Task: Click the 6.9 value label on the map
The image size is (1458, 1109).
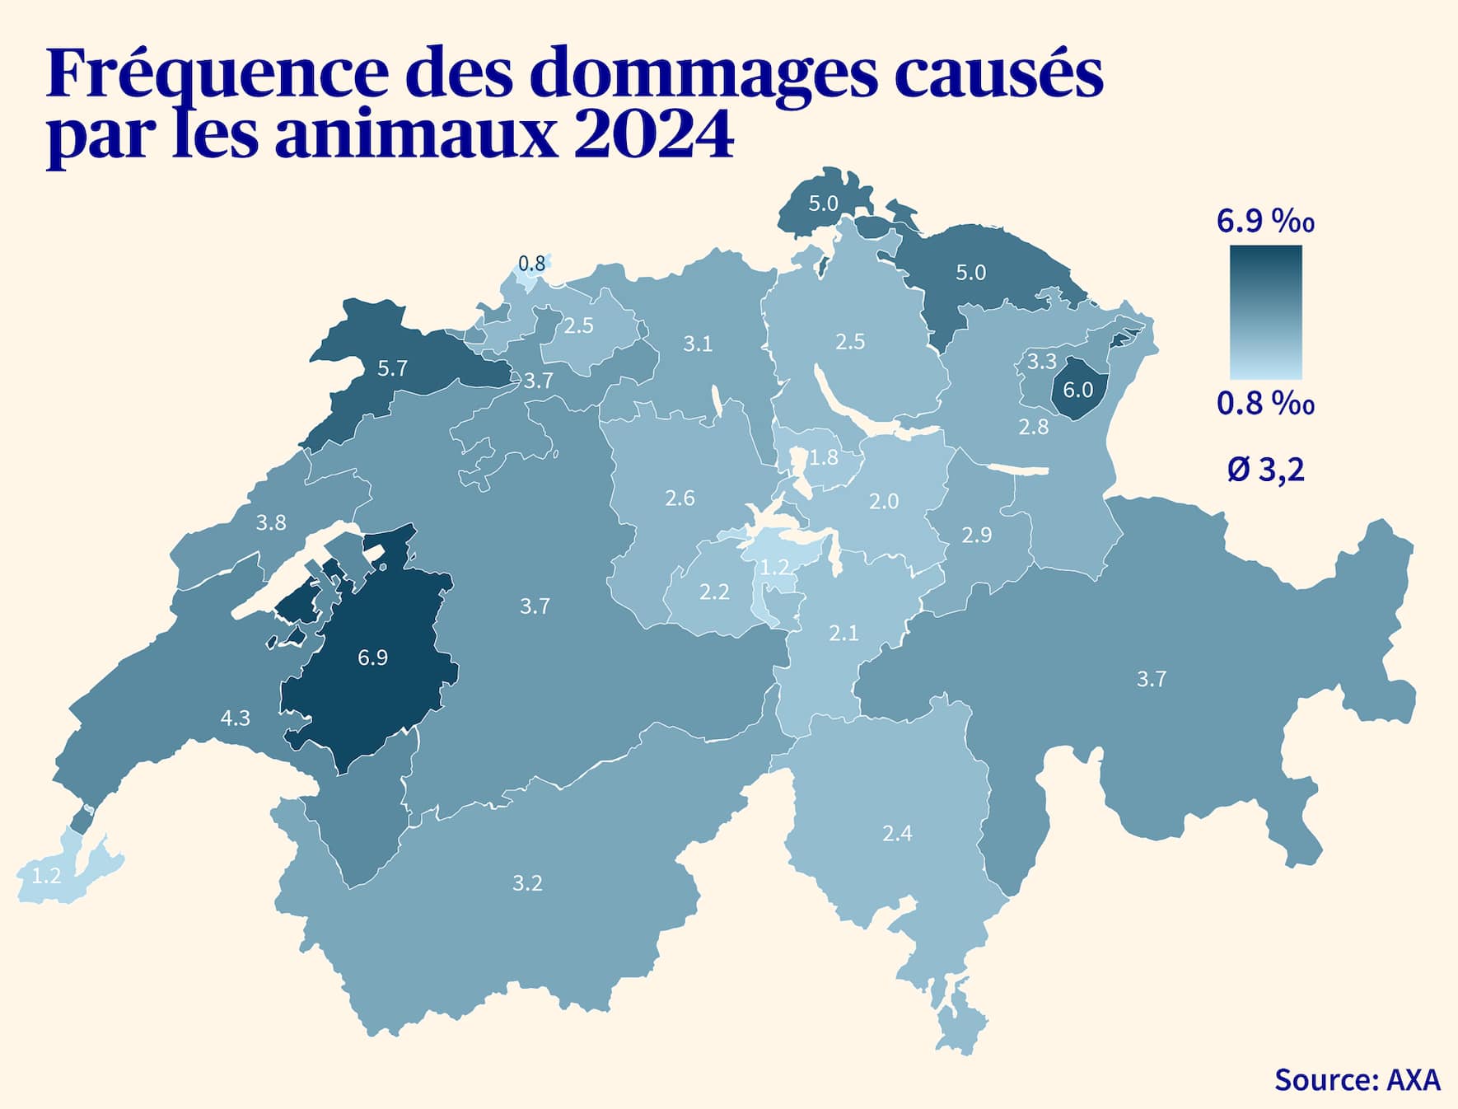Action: [x=372, y=657]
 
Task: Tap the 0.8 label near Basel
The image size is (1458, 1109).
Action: [x=531, y=264]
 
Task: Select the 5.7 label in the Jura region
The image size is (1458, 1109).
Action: [x=392, y=368]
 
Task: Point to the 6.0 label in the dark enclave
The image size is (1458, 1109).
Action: [x=1077, y=390]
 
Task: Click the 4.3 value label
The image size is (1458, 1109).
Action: [x=235, y=718]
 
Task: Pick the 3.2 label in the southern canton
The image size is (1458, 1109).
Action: [x=527, y=883]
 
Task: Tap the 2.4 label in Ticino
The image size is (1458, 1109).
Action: [x=897, y=834]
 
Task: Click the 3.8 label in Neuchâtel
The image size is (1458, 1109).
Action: [x=271, y=522]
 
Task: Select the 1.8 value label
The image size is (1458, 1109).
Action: [x=824, y=457]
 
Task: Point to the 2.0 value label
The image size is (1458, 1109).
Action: [x=884, y=501]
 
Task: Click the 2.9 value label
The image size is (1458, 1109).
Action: [x=977, y=536]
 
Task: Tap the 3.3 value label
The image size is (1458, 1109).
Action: [x=1041, y=361]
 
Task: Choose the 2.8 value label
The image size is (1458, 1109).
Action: [x=1034, y=427]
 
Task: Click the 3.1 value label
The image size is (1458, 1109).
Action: [x=698, y=344]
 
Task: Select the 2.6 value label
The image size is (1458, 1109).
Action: [x=680, y=498]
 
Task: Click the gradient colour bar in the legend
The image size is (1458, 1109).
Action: [x=1266, y=311]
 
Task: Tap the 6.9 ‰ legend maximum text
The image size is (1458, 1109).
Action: [x=1265, y=221]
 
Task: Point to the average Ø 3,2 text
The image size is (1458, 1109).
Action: [x=1266, y=470]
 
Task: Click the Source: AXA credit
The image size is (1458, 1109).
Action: [x=1357, y=1079]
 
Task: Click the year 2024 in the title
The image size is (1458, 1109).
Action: [x=652, y=134]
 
